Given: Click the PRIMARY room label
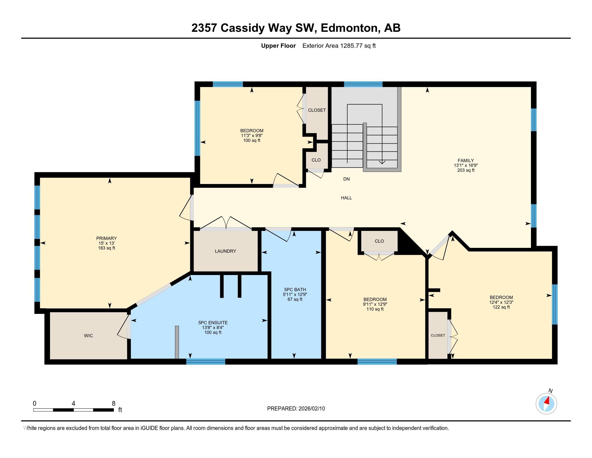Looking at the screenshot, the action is [x=106, y=238].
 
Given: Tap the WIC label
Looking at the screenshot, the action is [x=88, y=336].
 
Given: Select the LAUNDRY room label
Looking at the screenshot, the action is [x=225, y=251].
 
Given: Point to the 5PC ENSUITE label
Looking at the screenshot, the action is [x=213, y=322].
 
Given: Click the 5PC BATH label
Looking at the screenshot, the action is [x=295, y=290].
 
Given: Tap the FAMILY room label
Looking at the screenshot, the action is [x=466, y=160].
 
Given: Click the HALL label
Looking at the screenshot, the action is [x=346, y=198].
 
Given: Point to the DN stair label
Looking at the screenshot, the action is [x=346, y=179].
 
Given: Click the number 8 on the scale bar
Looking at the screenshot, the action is [x=114, y=403].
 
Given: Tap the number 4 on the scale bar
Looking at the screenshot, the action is [x=73, y=403].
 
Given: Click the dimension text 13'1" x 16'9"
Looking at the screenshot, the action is [x=466, y=165].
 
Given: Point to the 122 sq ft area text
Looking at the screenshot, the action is [x=501, y=307].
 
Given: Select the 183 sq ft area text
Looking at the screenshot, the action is [x=107, y=248].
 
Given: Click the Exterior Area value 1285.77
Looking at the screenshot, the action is [x=351, y=46].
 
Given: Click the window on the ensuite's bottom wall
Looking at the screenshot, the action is [x=206, y=361].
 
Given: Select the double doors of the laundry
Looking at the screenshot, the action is [x=226, y=223].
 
